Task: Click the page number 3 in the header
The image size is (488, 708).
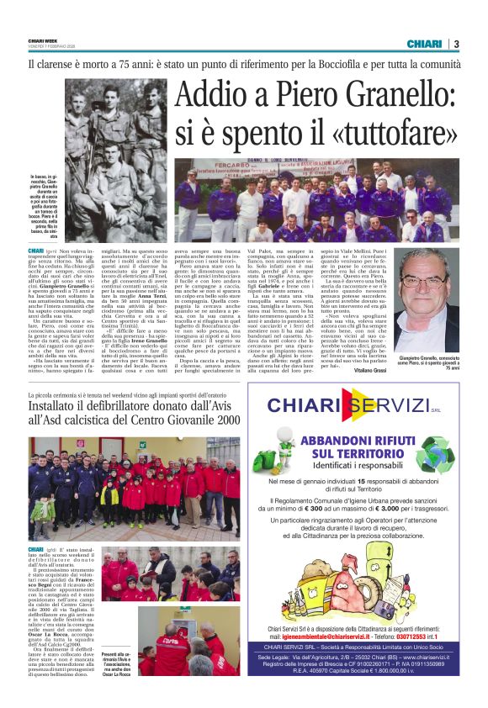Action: [456, 44]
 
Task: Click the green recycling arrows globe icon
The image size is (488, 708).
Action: [437, 454]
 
